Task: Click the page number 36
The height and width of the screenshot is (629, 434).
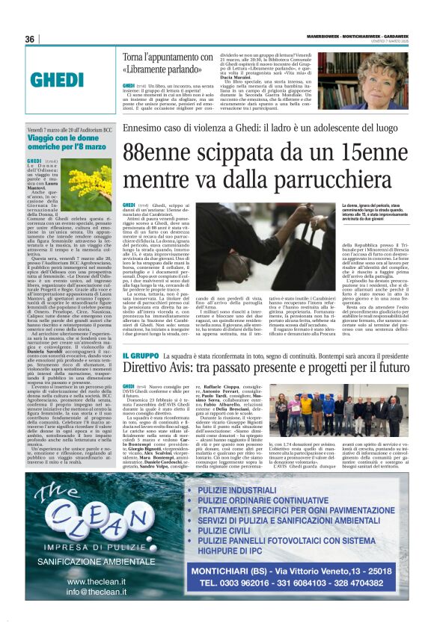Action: (x=30, y=39)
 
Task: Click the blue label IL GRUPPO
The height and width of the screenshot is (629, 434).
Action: (x=141, y=356)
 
